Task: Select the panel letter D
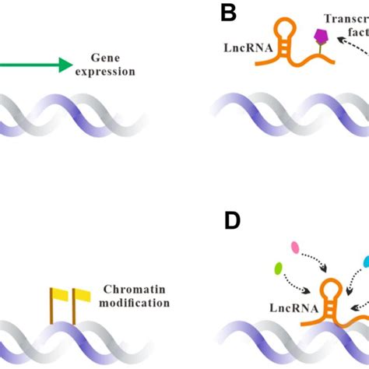click(x=232, y=220)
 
